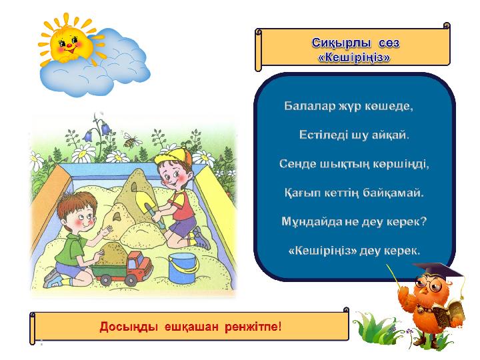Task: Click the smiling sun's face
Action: [x=69, y=43]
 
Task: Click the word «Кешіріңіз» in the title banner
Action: [x=354, y=57]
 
